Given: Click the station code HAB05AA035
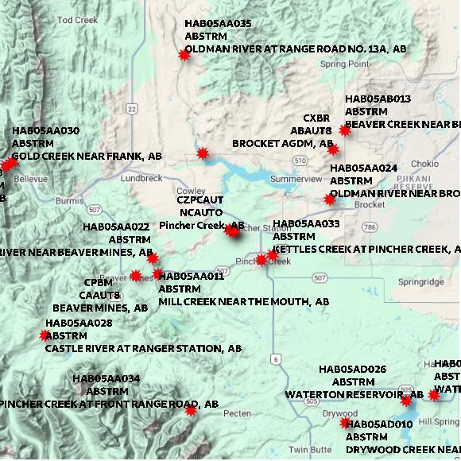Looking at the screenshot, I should (218, 24).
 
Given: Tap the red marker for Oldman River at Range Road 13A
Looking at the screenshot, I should (185, 55).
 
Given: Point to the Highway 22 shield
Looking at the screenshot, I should (131, 108).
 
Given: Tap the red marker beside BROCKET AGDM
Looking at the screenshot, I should (333, 149).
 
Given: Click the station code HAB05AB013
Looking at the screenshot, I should (378, 99).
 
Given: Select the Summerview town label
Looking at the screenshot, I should (296, 179).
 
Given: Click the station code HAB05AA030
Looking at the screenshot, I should (45, 131).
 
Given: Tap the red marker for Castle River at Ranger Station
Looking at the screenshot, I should (45, 335).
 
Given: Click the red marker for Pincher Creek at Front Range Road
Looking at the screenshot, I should (191, 410).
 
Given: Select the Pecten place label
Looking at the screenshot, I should (238, 414).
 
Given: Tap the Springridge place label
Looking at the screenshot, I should (421, 281).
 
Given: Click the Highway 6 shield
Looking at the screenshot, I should (274, 358).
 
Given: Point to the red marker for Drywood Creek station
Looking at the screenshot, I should (345, 423).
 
